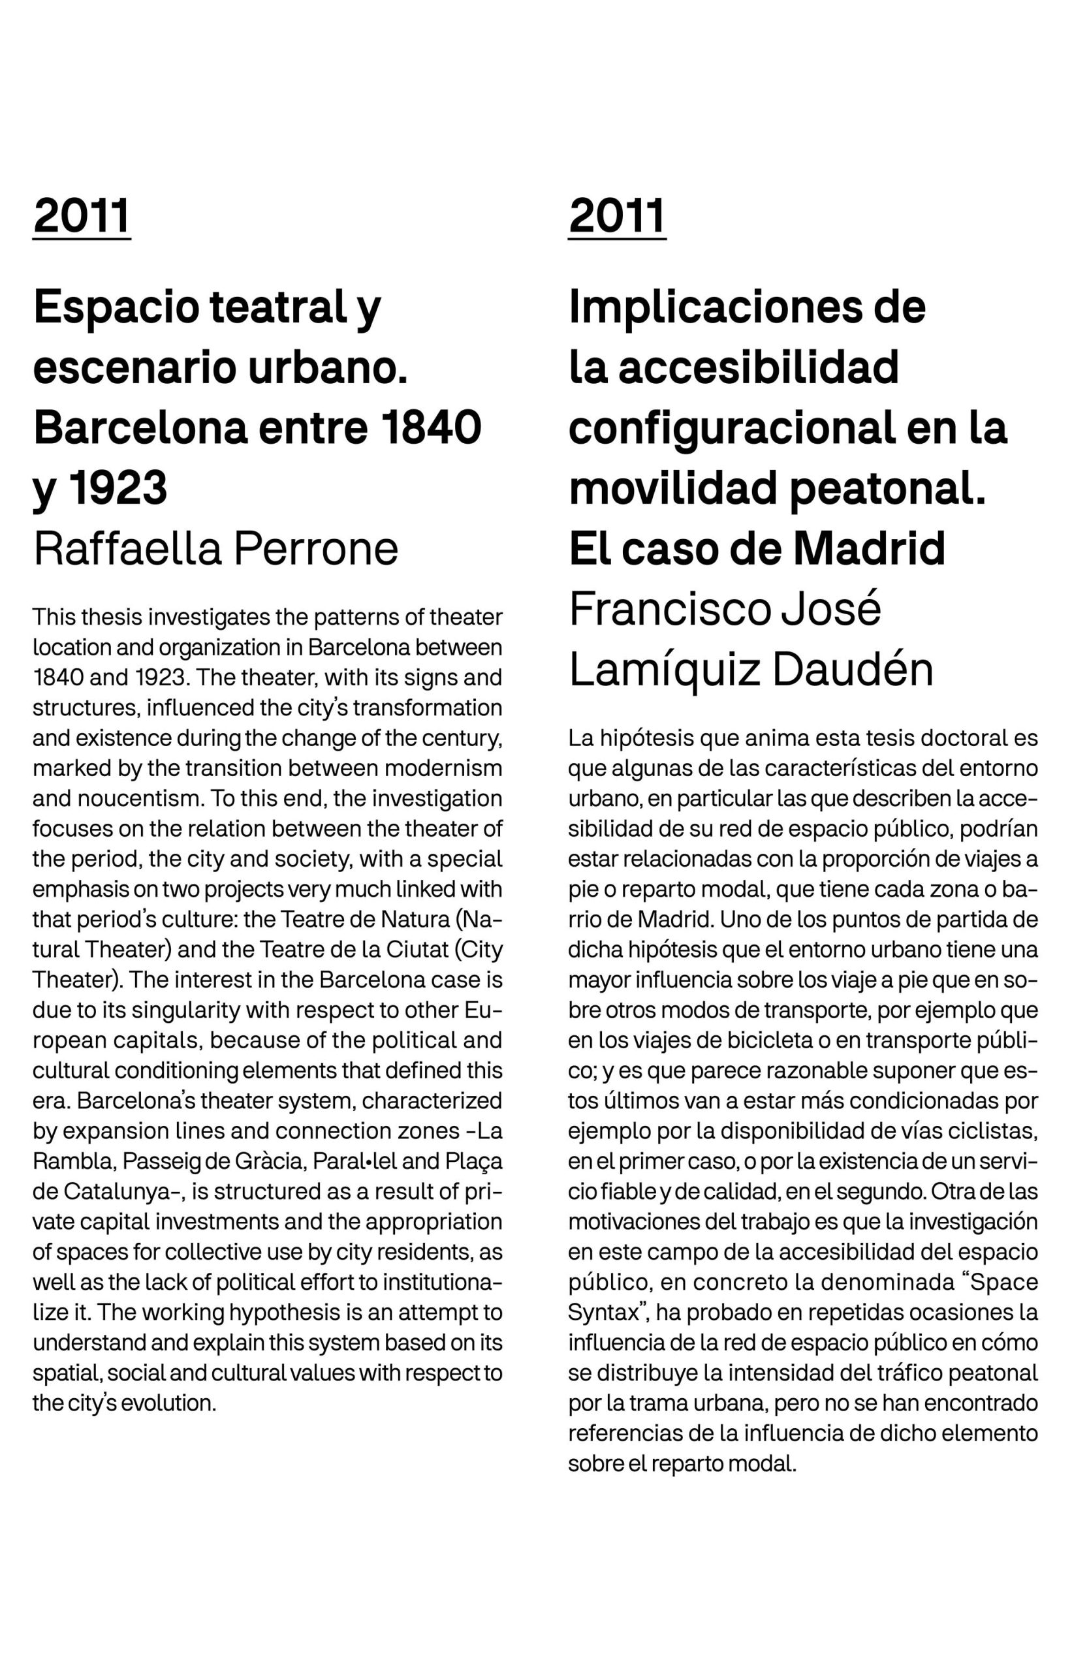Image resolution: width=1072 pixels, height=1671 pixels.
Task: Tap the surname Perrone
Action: [x=315, y=549]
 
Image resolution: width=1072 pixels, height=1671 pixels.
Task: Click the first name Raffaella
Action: [x=128, y=549]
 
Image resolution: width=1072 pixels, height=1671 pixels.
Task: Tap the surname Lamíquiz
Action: [x=664, y=670]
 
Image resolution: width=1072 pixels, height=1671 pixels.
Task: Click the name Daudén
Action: [x=852, y=670]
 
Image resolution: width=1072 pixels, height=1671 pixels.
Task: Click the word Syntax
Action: [x=603, y=1313]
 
